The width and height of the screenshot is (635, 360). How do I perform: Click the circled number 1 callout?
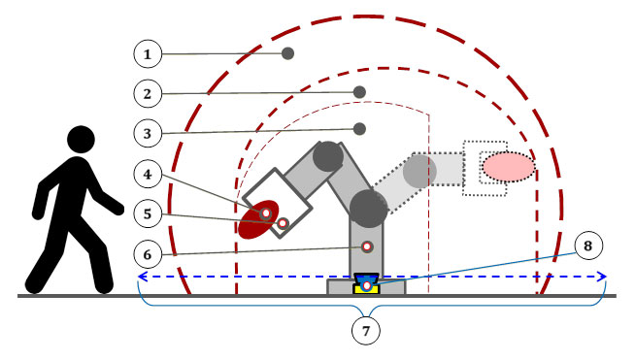(x=147, y=53)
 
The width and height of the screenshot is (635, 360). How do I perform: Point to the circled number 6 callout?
(x=147, y=253)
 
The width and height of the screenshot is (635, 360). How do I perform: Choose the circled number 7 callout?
(x=365, y=330)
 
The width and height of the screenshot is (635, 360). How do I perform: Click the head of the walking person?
(x=81, y=142)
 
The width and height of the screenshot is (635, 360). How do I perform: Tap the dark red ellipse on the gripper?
(x=259, y=218)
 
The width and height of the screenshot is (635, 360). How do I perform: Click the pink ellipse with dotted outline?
(x=508, y=166)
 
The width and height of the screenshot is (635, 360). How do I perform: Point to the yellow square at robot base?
(x=366, y=286)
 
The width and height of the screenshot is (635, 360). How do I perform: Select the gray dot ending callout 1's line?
(x=287, y=53)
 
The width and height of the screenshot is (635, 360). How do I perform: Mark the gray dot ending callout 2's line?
(x=359, y=91)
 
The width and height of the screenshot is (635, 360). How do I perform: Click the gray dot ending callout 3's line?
(x=359, y=128)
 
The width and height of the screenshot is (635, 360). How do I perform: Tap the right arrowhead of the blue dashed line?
(x=603, y=277)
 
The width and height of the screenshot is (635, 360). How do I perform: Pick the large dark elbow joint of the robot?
(x=368, y=208)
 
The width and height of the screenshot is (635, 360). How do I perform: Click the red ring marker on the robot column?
(x=367, y=246)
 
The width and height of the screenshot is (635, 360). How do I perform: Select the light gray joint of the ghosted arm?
(x=419, y=172)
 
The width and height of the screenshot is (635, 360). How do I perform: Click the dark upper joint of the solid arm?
(x=328, y=155)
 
